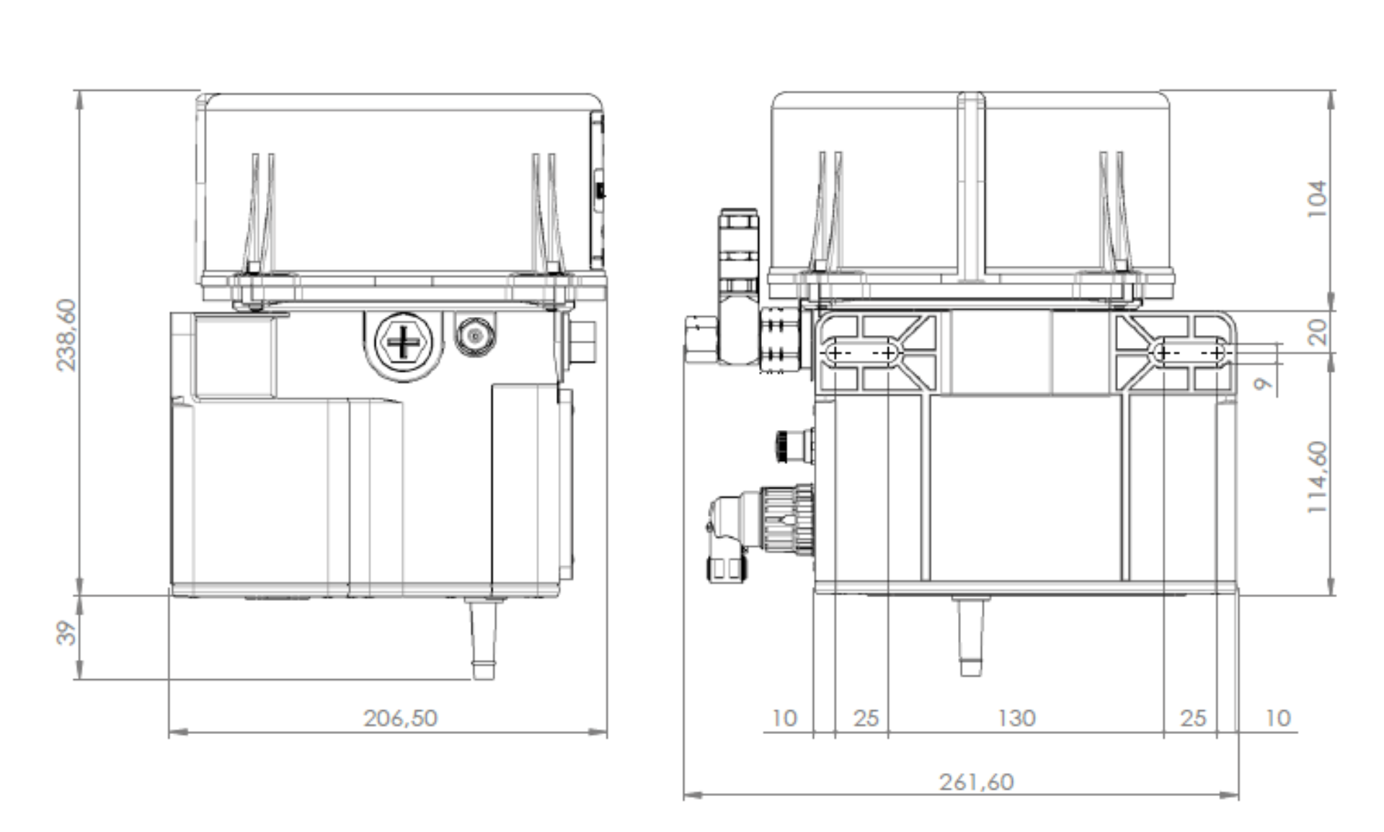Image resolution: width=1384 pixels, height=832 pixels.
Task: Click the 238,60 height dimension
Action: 66,335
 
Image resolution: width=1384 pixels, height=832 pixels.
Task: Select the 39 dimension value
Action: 66,633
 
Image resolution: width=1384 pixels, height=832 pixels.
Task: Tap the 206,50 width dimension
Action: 400,718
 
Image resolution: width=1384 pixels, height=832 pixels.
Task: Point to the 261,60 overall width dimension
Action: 976,782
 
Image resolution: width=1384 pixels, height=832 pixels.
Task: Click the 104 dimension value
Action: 1317,198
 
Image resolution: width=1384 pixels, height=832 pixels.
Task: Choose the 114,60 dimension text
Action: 1317,477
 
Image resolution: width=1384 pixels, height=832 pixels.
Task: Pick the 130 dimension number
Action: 1016,718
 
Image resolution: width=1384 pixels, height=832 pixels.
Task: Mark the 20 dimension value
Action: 1317,332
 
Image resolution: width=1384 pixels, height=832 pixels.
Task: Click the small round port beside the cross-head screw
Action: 475,336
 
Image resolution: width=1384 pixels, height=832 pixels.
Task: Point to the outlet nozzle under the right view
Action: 970,636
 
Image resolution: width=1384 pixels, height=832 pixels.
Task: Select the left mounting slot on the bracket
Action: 861,353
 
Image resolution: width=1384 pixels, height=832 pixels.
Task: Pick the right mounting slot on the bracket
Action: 1189,353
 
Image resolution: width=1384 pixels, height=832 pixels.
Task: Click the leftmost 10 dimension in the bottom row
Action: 784,718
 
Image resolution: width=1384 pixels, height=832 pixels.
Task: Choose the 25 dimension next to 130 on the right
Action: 1193,718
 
